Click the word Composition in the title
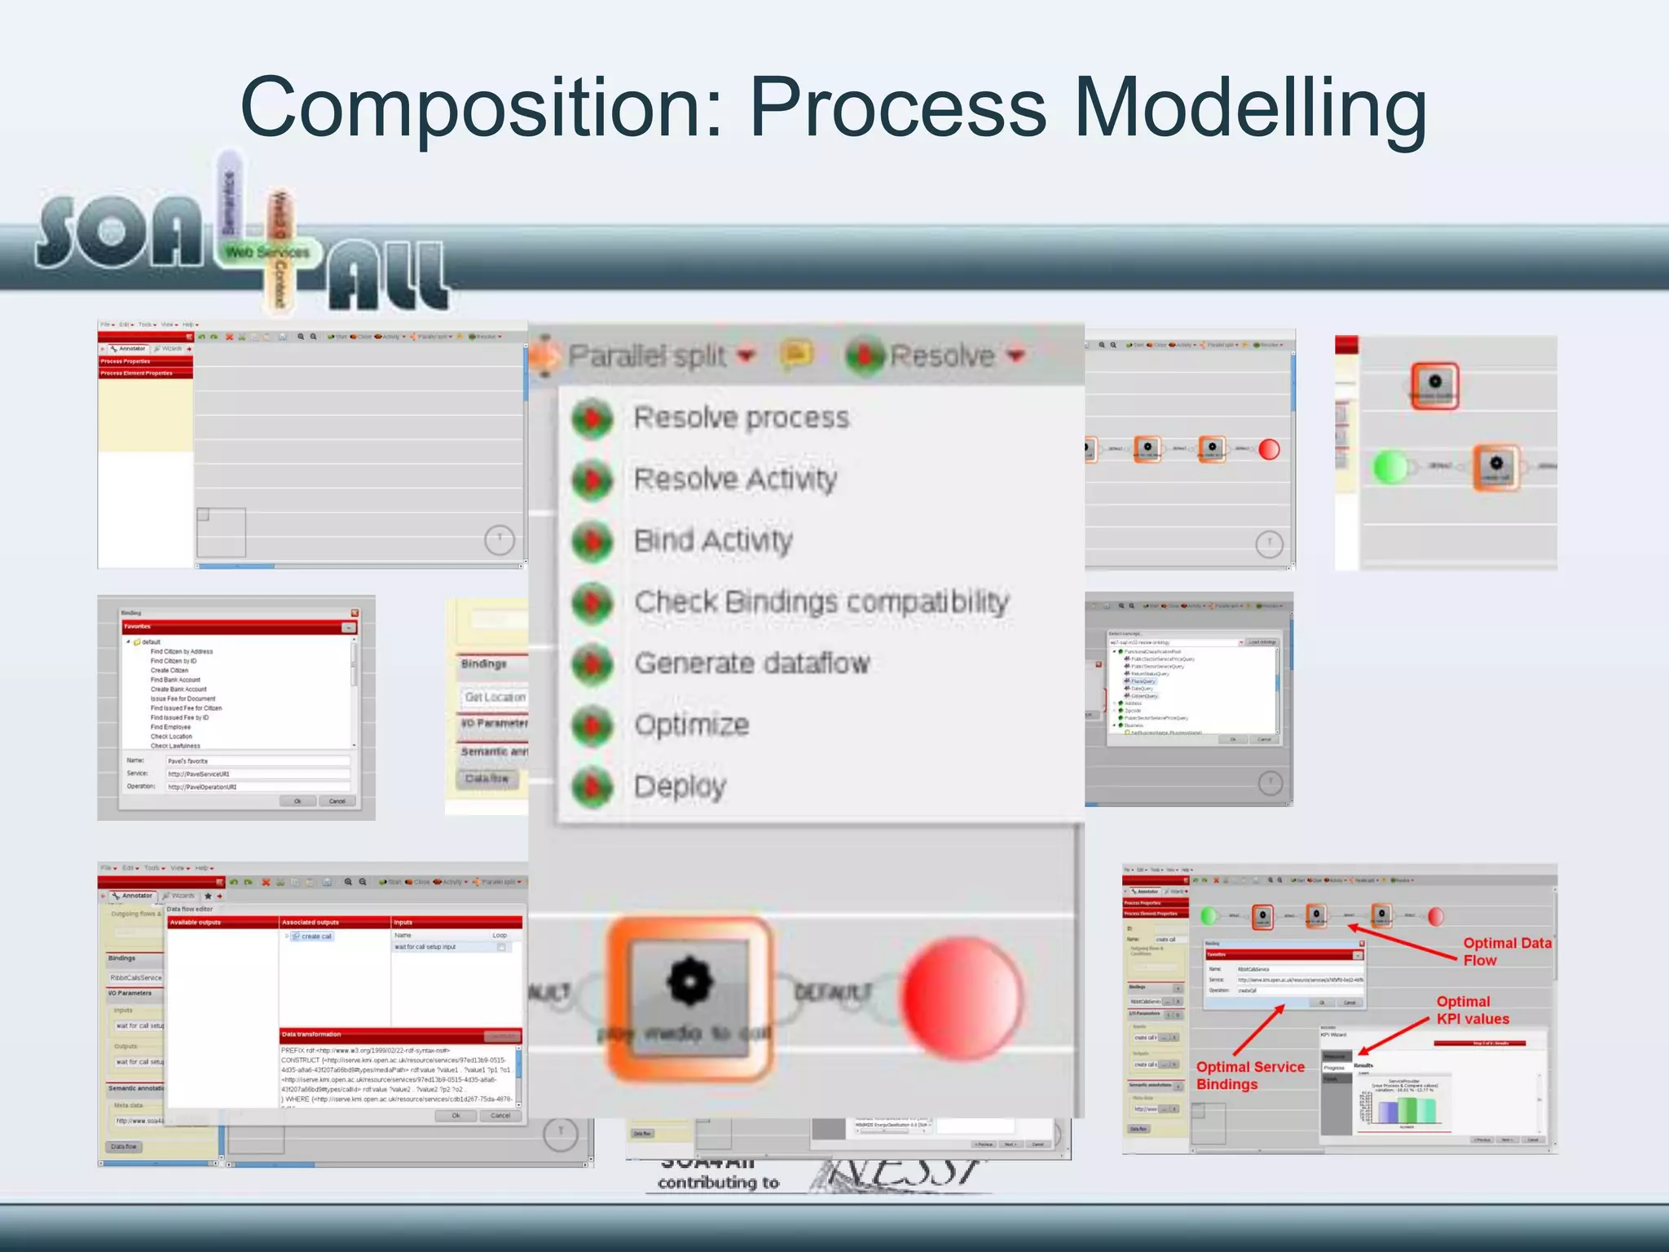481,108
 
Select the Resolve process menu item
741,417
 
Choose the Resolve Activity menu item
735,478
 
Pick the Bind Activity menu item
713,540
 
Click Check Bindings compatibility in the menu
821,602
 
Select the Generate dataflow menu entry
751,663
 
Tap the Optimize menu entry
691,725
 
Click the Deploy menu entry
680,787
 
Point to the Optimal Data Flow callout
1506,951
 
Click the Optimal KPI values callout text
1472,1010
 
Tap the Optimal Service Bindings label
1249,1075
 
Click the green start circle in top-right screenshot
1389,466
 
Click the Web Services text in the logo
267,253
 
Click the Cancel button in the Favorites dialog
337,801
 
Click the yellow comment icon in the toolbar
796,355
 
